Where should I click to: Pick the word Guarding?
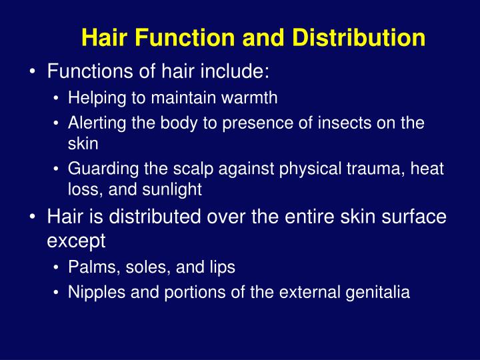click(96, 171)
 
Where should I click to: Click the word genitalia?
click(383, 291)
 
